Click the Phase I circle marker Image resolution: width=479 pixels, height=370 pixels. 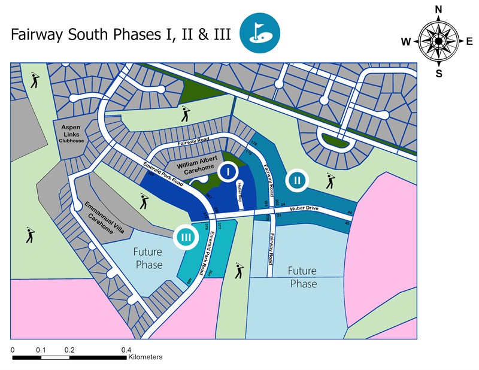(226, 172)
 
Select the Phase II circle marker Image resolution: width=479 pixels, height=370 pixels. (296, 179)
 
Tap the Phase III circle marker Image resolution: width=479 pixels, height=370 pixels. (186, 237)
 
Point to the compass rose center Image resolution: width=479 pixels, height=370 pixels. (438, 40)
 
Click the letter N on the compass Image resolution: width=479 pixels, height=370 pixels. (438, 10)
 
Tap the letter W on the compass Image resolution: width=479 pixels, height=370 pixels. (407, 41)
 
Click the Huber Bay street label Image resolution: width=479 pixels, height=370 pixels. (240, 194)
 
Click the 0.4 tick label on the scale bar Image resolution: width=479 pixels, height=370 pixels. (126, 350)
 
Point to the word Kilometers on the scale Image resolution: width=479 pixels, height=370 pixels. (145, 357)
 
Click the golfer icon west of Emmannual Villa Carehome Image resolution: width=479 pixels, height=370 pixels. (30, 235)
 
